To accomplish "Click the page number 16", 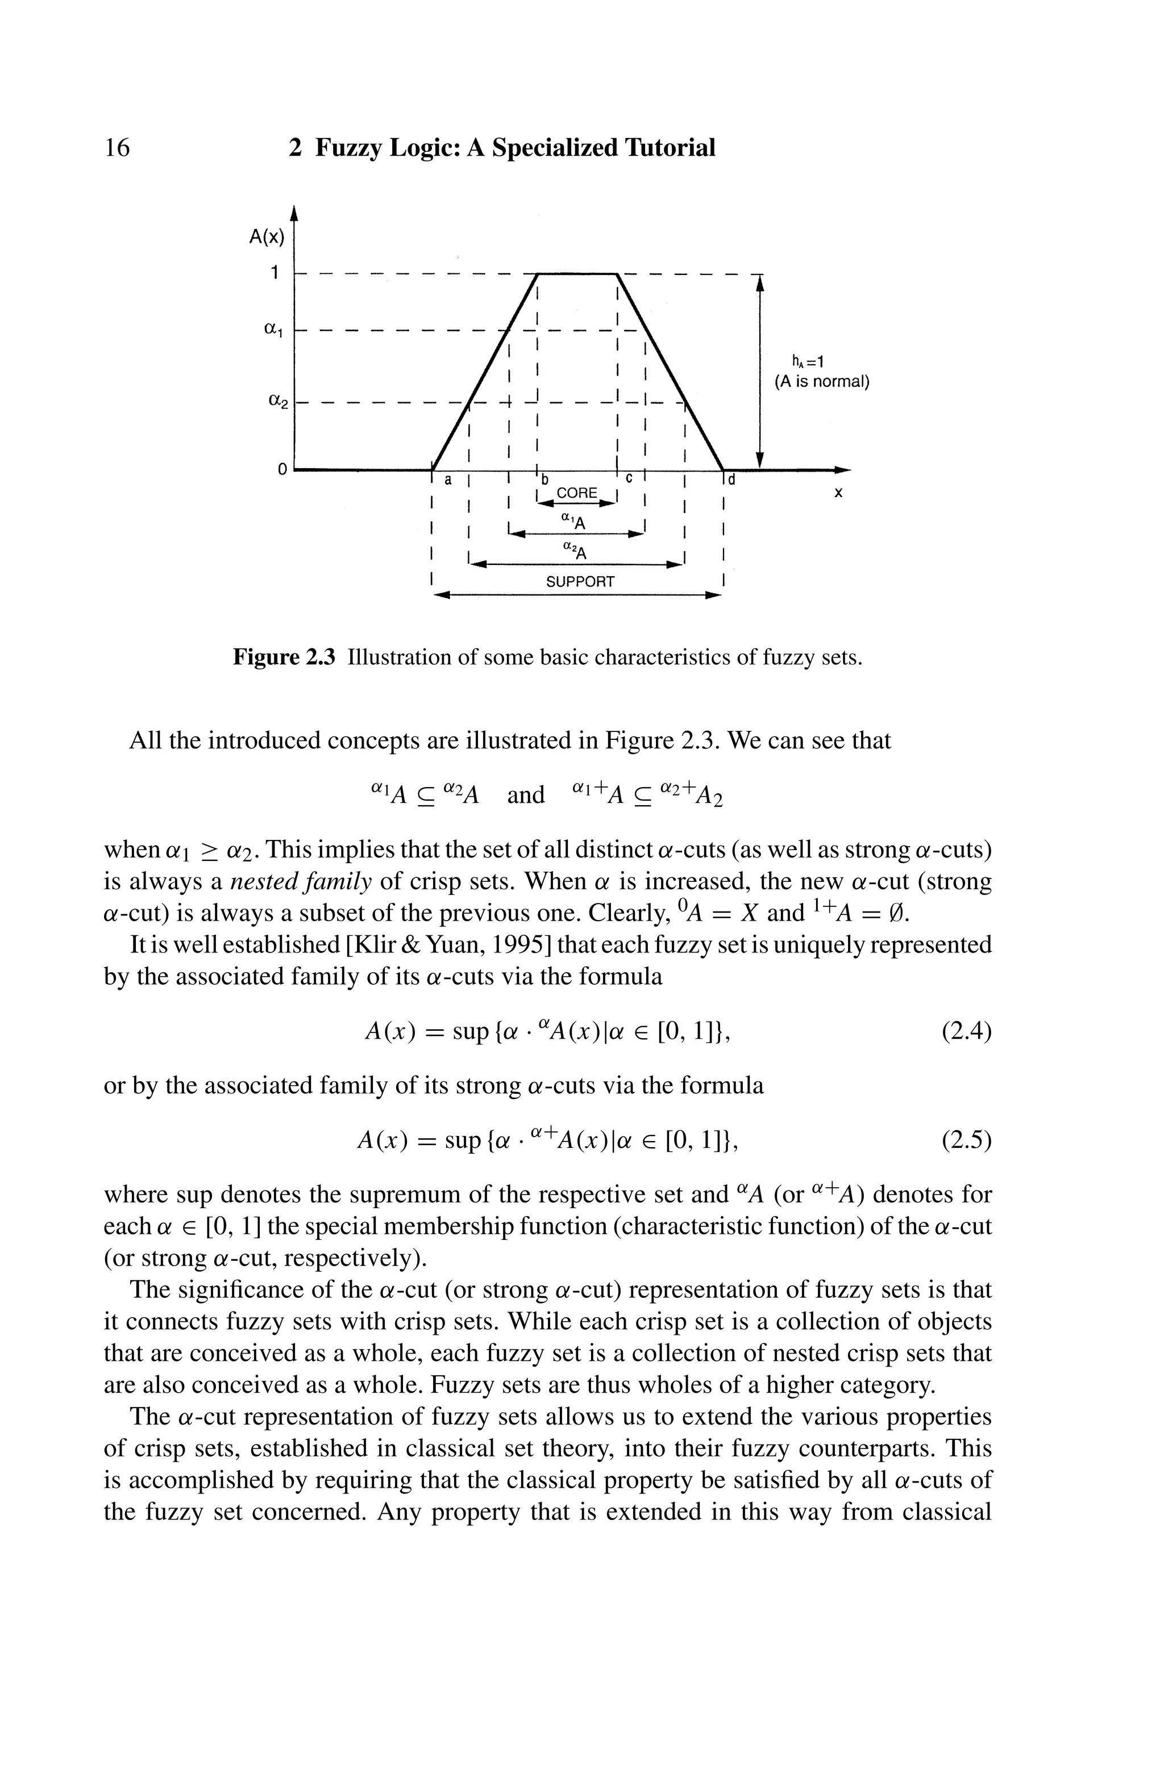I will [117, 148].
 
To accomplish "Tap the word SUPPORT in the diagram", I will [580, 581].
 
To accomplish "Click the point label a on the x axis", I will [448, 481].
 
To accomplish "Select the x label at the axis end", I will [838, 493].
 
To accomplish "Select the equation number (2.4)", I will [966, 1032].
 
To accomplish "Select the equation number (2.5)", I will [966, 1140].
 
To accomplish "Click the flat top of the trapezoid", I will [577, 274].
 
